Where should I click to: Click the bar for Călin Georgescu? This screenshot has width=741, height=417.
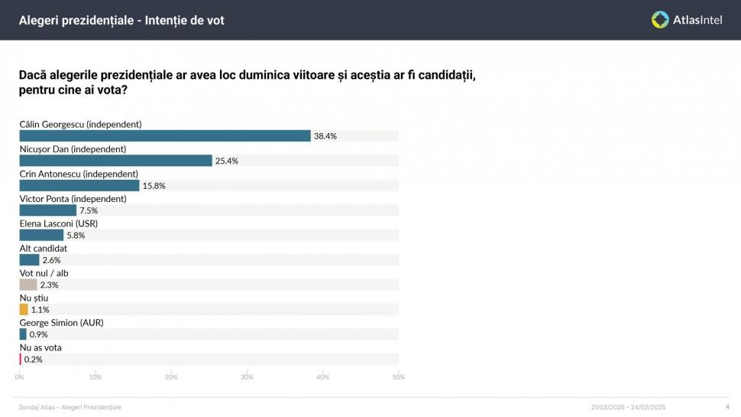tap(164, 135)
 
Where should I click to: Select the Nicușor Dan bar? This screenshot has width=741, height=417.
tap(115, 161)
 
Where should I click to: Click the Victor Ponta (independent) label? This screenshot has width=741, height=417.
tap(73, 198)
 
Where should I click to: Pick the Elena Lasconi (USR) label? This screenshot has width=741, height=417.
tap(58, 223)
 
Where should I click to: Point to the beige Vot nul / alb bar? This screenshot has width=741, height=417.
tap(28, 285)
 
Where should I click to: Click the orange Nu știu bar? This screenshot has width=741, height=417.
tap(24, 310)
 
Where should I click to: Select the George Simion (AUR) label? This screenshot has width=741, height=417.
tap(61, 323)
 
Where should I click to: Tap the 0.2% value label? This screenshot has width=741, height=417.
tap(33, 360)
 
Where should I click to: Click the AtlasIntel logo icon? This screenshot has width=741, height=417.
tap(660, 20)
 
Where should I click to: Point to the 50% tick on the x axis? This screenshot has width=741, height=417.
tap(398, 376)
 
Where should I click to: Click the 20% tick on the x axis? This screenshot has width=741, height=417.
tap(171, 376)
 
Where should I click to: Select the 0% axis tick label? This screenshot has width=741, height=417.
tap(20, 376)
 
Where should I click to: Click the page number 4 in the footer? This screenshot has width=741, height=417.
tap(726, 407)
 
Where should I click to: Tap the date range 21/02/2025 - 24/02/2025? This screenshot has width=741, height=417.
tap(628, 407)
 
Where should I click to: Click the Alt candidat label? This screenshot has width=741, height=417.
tap(43, 248)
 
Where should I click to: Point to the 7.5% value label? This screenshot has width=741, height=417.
tap(89, 210)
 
